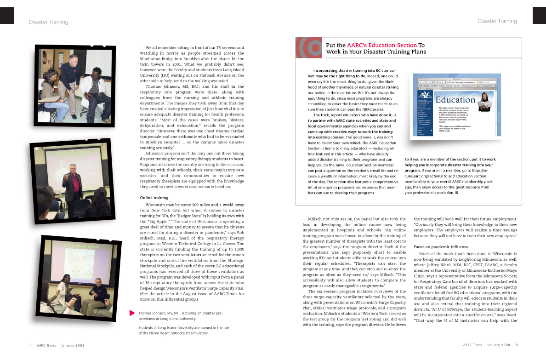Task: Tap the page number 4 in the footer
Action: tap(30, 345)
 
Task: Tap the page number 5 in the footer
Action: tap(517, 345)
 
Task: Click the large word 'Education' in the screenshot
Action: tap(455, 100)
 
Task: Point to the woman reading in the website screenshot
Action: tap(483, 101)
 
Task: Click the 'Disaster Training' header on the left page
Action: tap(48, 22)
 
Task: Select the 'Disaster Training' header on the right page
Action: tap(497, 21)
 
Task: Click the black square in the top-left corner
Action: tap(6, 15)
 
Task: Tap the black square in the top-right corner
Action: tap(539, 15)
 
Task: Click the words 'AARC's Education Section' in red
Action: tap(382, 46)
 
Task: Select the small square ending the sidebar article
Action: tap(457, 193)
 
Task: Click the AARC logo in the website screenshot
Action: tap(425, 95)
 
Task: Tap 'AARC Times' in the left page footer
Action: tap(47, 345)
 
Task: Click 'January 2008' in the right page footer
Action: tap(499, 345)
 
